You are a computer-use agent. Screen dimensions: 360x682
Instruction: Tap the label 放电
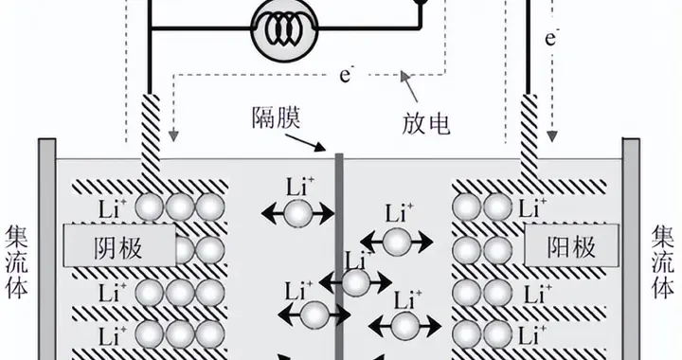tap(424, 122)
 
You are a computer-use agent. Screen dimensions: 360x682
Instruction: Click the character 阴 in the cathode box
tap(105, 246)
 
